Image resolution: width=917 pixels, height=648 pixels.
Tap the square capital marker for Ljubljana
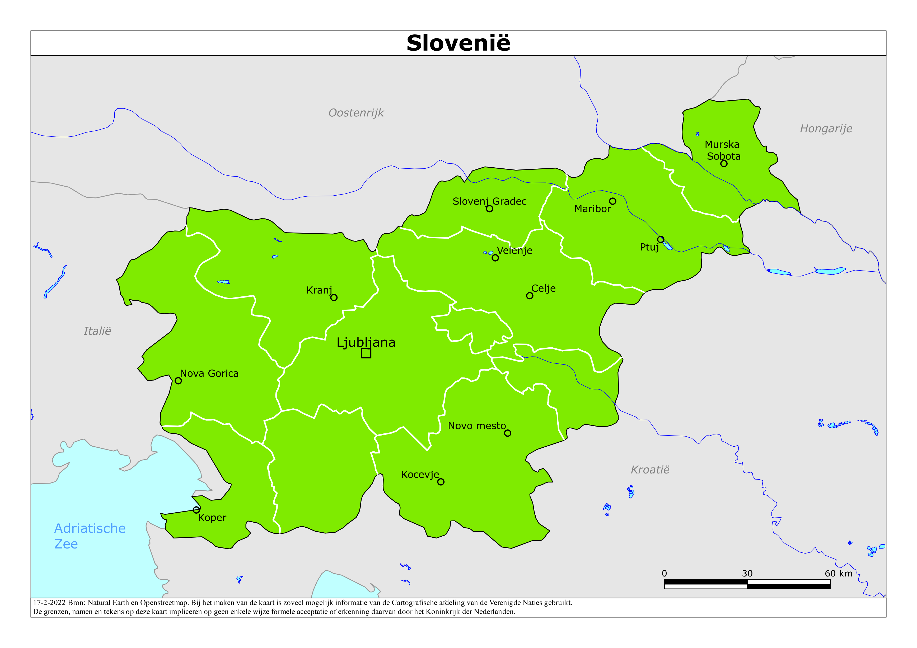pos(366,353)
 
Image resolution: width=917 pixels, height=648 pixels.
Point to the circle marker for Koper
pos(196,510)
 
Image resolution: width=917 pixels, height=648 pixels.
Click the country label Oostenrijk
pos(356,113)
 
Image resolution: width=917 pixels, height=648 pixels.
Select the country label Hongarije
pos(826,129)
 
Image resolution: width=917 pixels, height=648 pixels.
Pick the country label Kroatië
pos(650,470)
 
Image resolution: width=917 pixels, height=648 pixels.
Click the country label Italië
pos(97,331)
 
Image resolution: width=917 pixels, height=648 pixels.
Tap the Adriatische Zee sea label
pos(90,536)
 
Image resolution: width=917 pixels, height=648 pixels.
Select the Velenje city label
pos(514,251)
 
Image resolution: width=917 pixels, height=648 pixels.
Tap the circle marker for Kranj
pos(334,297)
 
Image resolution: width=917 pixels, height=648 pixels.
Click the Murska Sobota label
pos(723,150)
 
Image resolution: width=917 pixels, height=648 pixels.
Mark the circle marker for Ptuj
pos(661,240)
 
